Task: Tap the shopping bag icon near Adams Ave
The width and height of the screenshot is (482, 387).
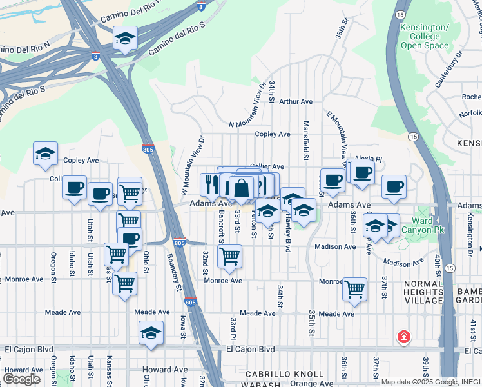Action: tap(241, 190)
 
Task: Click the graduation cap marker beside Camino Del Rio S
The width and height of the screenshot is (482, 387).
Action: tap(125, 38)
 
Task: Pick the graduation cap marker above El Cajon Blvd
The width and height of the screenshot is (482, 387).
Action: tap(151, 333)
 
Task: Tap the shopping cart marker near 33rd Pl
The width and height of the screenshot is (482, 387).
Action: tap(229, 257)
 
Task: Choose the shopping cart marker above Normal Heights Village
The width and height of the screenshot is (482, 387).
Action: tap(354, 290)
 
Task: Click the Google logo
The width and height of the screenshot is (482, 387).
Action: tap(21, 379)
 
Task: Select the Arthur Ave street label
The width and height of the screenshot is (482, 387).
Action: tap(296, 101)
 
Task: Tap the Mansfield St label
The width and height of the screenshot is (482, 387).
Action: tap(305, 143)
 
